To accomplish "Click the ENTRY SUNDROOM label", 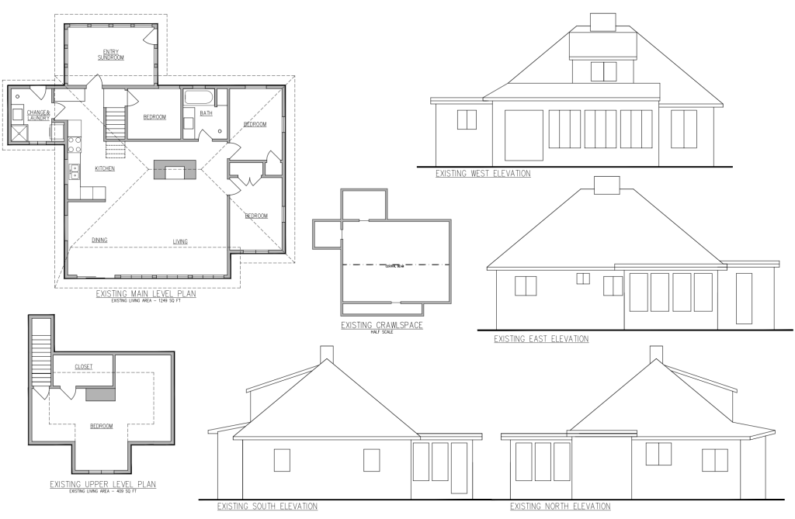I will click(112, 54).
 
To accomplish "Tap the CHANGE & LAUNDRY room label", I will click(38, 116).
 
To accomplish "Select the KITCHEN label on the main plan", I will click(105, 168).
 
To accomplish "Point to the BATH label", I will click(206, 113).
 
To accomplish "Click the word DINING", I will click(99, 240).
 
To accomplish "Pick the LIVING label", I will click(180, 241).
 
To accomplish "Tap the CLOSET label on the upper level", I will click(84, 366).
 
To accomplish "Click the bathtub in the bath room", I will click(199, 99).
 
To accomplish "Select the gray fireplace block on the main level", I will click(175, 170).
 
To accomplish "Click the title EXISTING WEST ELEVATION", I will click(483, 174).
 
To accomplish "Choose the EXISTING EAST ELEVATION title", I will click(541, 339).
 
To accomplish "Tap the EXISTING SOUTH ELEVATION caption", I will click(267, 507).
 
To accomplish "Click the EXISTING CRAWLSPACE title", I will click(381, 325).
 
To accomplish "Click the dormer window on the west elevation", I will click(602, 71).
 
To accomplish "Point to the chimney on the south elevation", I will click(327, 354).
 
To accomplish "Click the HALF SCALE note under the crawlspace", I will click(381, 333).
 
